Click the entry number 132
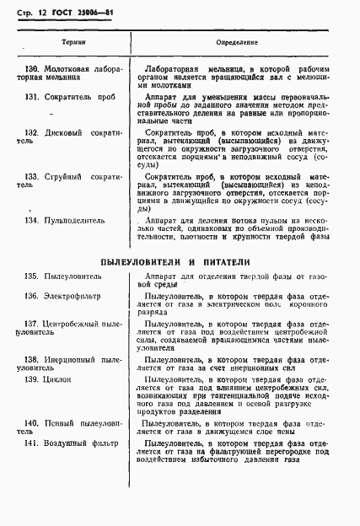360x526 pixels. (x=33, y=132)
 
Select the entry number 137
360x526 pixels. (x=33, y=324)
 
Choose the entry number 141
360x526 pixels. (x=33, y=442)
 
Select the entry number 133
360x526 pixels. (x=33, y=176)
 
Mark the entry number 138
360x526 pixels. (x=33, y=360)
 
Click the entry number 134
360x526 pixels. (x=33, y=220)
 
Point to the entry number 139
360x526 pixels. (x=33, y=380)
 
